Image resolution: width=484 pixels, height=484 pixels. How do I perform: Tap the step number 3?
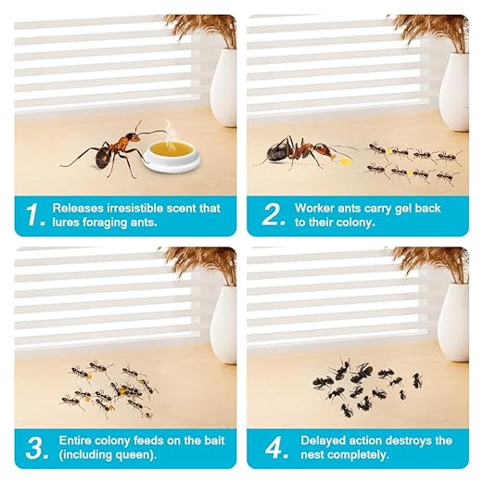pyautogui.click(x=33, y=450)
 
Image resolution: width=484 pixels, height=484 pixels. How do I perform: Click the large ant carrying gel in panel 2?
pyautogui.click(x=299, y=150)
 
